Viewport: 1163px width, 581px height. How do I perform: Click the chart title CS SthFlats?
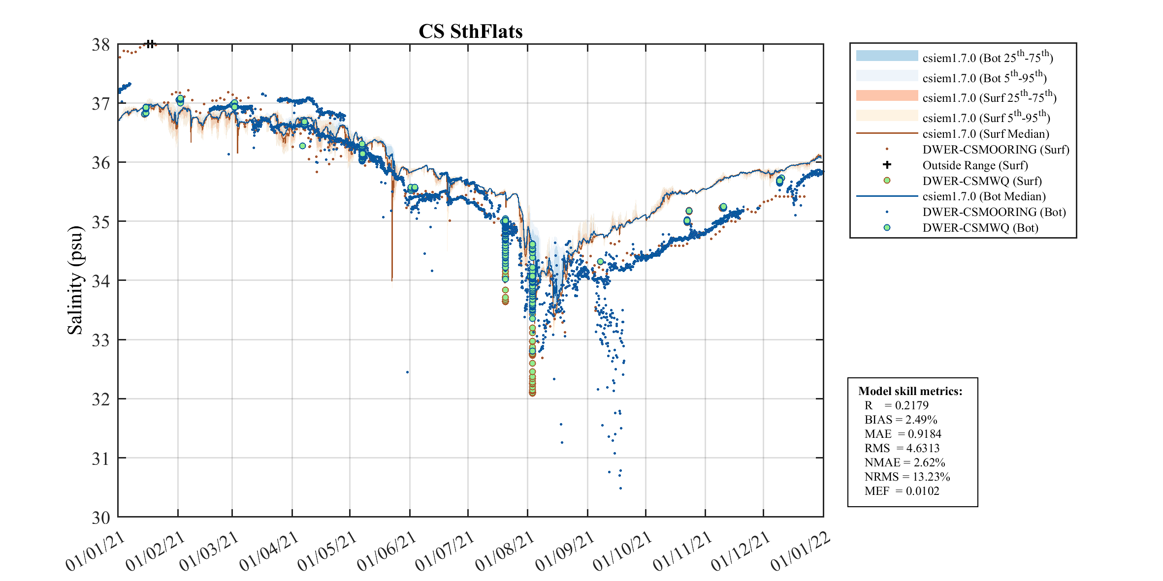(x=470, y=31)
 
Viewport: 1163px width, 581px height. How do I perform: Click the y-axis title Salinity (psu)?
(x=75, y=280)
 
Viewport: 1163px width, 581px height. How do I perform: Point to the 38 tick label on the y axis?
(x=101, y=45)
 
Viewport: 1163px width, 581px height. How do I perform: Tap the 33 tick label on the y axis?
(x=101, y=340)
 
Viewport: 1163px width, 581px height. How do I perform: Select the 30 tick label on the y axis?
(x=101, y=518)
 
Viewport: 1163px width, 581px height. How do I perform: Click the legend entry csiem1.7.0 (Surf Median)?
(x=985, y=134)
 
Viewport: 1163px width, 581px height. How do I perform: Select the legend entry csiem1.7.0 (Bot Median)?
(x=983, y=196)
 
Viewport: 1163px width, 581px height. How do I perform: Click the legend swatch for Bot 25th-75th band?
(x=887, y=56)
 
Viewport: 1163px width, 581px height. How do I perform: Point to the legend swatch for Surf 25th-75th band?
(x=887, y=95)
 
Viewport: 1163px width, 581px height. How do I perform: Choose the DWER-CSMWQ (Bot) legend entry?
(x=980, y=228)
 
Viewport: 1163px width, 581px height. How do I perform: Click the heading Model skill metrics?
(x=910, y=391)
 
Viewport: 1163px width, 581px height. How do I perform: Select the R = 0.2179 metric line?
(x=896, y=405)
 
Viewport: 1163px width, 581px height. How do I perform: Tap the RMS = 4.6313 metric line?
(x=902, y=448)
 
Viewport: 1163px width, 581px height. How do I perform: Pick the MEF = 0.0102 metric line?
(x=902, y=491)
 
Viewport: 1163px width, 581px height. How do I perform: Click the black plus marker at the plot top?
(x=150, y=44)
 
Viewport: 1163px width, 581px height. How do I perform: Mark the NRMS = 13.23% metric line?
(x=907, y=477)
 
